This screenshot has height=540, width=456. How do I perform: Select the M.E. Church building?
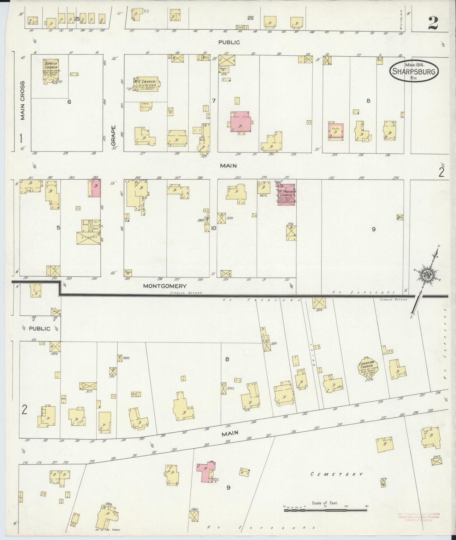(x=146, y=84)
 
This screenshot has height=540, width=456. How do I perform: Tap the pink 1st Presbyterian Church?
(x=286, y=195)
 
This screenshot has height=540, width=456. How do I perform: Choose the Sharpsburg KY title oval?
(x=414, y=72)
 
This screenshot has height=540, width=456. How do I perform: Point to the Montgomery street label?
(x=165, y=286)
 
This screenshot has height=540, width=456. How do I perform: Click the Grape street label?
(x=114, y=136)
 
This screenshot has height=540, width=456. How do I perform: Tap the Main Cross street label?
(x=22, y=101)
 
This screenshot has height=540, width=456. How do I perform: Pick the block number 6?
(x=69, y=101)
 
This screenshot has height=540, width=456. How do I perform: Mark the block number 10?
(x=214, y=228)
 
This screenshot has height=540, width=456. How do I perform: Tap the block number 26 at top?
(x=250, y=18)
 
